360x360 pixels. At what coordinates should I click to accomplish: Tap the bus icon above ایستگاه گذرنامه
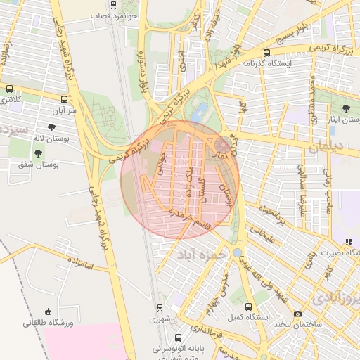coord(266,53)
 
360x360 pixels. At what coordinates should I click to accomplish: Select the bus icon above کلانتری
coord(9,89)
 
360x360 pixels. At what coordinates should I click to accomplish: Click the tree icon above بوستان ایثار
coord(347,108)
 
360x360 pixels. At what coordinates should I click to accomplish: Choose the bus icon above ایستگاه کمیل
coord(248,307)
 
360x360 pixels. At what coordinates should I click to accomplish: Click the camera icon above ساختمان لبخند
coord(297,314)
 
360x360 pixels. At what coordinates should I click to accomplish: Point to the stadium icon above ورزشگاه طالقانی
coord(48,311)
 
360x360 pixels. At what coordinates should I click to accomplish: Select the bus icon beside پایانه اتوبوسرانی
coord(178,337)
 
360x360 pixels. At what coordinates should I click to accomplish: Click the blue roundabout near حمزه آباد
coord(237,252)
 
